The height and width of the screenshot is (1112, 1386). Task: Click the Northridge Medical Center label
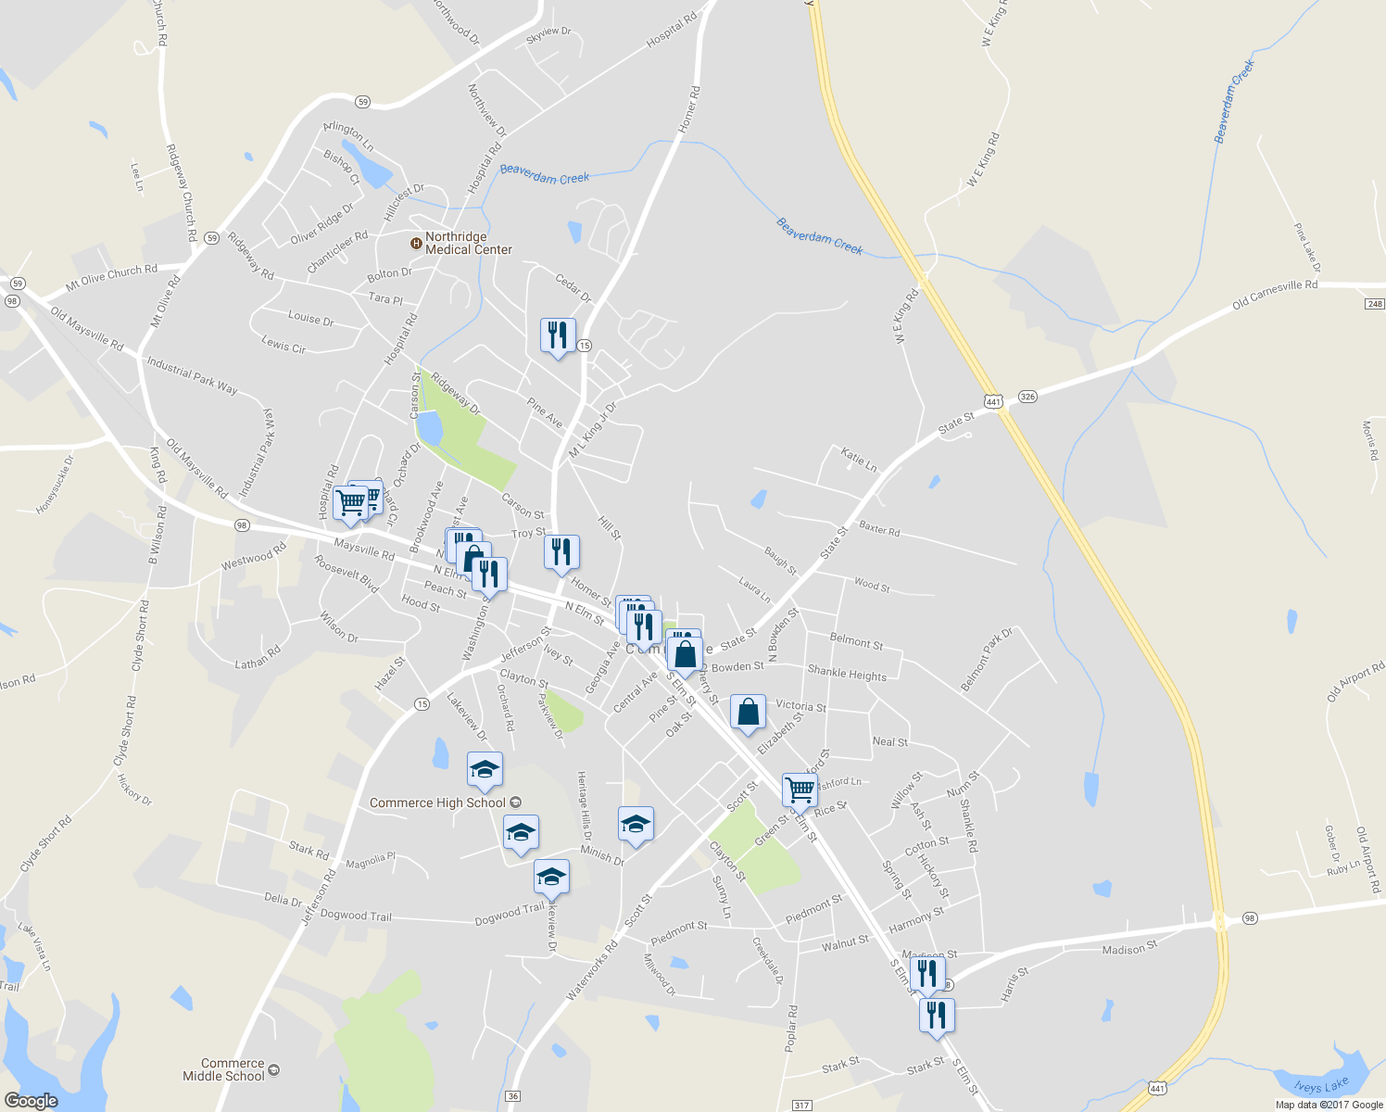point(468,244)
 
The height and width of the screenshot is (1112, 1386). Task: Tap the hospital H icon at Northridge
point(416,244)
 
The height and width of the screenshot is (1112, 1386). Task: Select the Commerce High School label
point(437,802)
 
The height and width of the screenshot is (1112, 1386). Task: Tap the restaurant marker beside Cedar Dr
point(558,335)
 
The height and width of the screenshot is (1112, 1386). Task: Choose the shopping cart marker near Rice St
point(800,790)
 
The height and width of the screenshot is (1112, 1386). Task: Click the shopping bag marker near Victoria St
point(749,712)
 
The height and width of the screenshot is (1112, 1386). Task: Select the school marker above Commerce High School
point(485,769)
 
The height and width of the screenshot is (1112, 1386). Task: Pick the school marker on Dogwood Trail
point(551,877)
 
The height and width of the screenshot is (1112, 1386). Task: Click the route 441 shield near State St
point(993,401)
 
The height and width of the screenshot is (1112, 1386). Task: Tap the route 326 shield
point(1027,397)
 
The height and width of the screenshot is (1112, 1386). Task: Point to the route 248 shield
point(1375,304)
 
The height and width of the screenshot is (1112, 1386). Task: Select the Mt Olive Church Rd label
point(111,276)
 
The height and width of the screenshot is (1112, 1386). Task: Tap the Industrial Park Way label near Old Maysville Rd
point(192,374)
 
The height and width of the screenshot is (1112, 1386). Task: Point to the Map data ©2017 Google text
point(1329,1105)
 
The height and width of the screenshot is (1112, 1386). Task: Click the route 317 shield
point(802,1106)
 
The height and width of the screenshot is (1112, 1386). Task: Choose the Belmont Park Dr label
point(987,659)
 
